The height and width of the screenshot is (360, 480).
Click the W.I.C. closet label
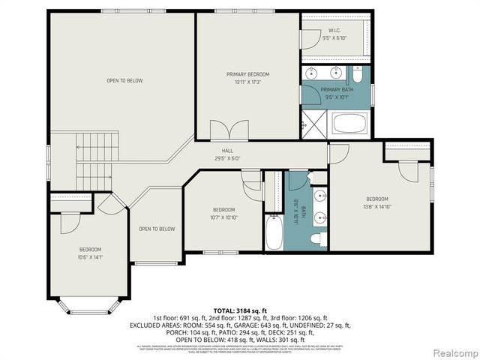(334, 31)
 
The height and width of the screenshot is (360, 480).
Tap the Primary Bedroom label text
(247, 74)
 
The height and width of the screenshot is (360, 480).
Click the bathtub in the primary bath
(350, 124)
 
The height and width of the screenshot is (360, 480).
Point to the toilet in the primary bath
(359, 75)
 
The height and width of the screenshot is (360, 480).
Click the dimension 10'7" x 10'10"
(224, 217)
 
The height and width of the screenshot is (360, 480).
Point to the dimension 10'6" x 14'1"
(91, 256)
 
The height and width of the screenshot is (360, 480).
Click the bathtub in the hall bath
(274, 233)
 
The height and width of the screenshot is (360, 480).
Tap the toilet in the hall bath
(318, 239)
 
